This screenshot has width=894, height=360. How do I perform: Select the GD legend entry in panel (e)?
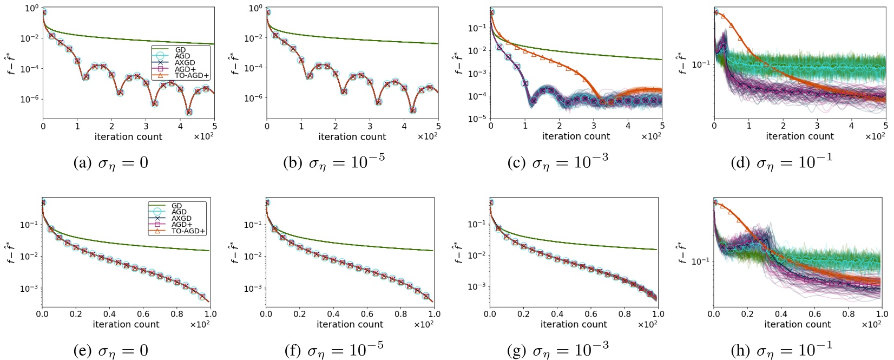(x=176, y=206)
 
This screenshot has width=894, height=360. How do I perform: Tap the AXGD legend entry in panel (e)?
(x=179, y=218)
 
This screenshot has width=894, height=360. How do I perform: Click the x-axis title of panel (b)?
(x=352, y=137)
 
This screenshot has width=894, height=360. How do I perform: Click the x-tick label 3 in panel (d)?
(x=817, y=126)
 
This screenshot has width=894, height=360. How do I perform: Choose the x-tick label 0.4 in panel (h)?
(x=781, y=313)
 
